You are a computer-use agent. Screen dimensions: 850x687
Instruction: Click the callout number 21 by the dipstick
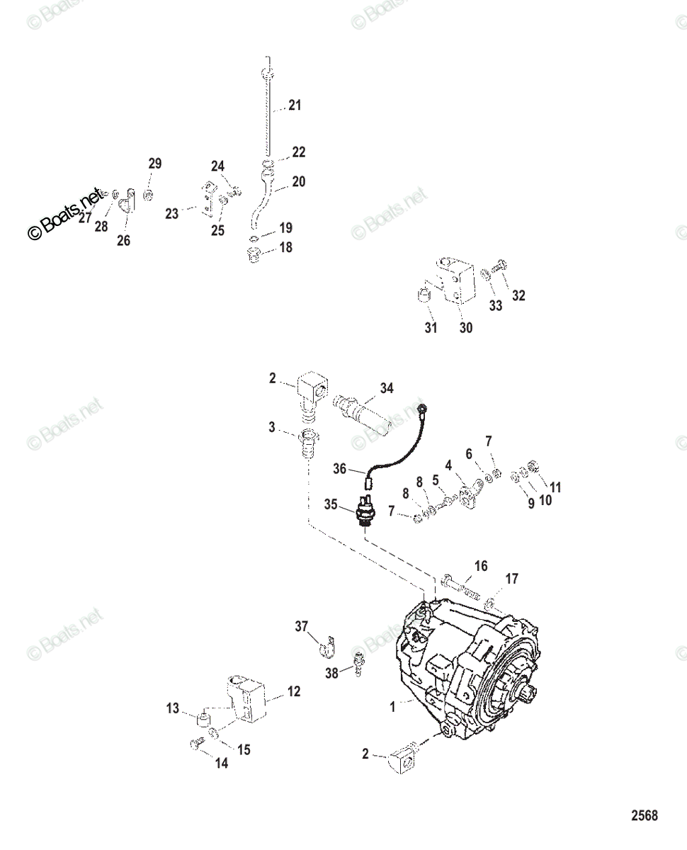[x=295, y=106]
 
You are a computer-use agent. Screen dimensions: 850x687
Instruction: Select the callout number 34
[x=387, y=388]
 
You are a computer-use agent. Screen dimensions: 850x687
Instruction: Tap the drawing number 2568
[x=645, y=816]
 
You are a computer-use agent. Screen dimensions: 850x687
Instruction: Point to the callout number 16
[x=481, y=566]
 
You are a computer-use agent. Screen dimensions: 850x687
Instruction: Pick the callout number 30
[x=466, y=328]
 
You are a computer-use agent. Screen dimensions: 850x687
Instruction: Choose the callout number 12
[x=294, y=691]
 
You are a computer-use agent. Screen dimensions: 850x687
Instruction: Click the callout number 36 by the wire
[x=341, y=468]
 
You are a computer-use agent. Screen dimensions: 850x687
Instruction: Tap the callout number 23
[x=172, y=213]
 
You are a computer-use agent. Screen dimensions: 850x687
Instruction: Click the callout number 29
[x=155, y=164]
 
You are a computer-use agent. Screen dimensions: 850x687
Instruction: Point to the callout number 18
[x=285, y=248]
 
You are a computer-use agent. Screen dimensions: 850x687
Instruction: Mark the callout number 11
[x=555, y=487]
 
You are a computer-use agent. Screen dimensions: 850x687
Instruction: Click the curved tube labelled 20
[x=262, y=202]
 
